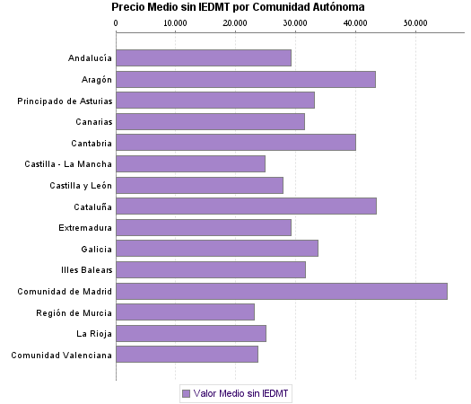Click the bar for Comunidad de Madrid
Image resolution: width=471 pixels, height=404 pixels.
(281, 291)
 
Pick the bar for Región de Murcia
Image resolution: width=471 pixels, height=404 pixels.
(185, 312)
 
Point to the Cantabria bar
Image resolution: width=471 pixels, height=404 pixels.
(235, 142)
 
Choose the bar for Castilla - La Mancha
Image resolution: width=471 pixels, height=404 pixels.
(190, 163)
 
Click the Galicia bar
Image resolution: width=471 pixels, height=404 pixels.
(216, 249)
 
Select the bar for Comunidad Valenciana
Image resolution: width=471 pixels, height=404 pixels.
(187, 355)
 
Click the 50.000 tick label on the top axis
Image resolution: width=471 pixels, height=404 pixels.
(415, 22)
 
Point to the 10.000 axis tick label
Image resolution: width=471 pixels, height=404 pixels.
(176, 22)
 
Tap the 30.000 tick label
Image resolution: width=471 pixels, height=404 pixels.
(295, 22)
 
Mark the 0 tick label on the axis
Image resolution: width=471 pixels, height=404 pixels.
(117, 22)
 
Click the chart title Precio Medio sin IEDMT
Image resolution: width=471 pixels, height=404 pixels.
(238, 7)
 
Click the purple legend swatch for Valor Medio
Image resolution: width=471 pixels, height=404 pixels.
(186, 393)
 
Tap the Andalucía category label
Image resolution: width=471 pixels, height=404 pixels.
(90, 58)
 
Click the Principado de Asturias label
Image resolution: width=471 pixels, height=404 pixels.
(65, 101)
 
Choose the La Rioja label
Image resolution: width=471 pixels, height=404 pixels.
(94, 334)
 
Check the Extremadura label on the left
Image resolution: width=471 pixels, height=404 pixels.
(85, 228)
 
